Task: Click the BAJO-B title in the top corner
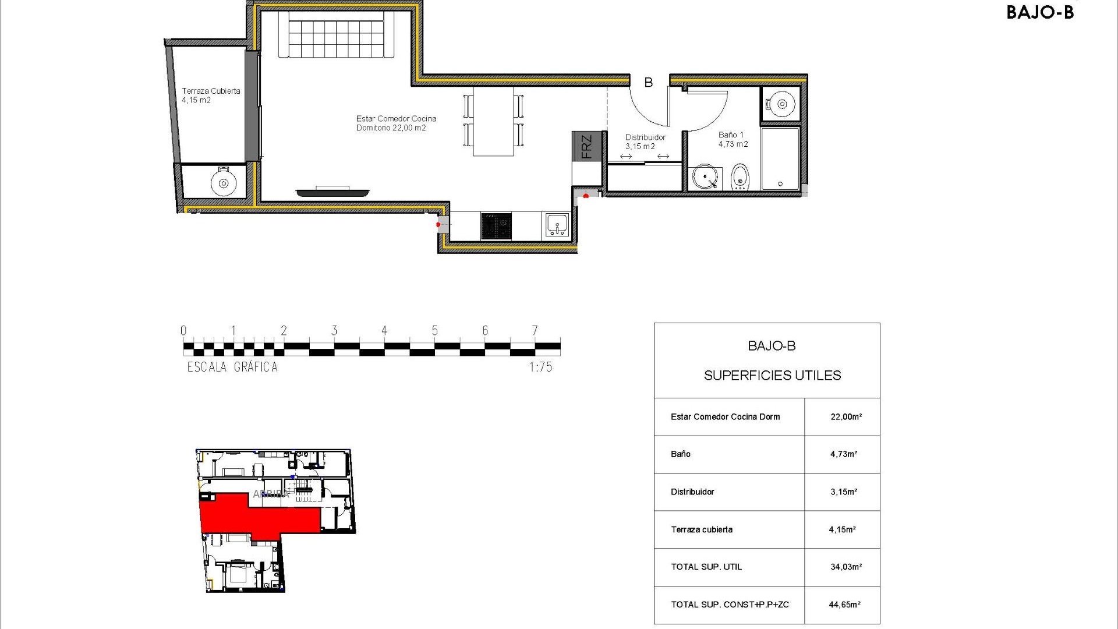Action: (x=1039, y=12)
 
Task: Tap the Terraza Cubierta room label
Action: (x=210, y=96)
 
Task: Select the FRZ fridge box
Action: (x=586, y=146)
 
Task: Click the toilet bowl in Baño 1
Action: (x=740, y=176)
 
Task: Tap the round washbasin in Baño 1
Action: (x=705, y=176)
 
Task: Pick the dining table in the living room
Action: (x=493, y=121)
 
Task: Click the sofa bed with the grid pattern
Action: (x=337, y=35)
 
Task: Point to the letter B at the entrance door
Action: (x=648, y=83)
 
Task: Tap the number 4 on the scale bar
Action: (x=384, y=331)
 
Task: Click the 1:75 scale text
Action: (x=540, y=367)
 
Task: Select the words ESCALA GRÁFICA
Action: (x=232, y=367)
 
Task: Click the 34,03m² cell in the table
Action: (x=845, y=567)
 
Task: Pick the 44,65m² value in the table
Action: (x=844, y=605)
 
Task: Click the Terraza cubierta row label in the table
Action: (x=702, y=529)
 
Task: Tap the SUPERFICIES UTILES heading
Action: (x=772, y=376)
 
